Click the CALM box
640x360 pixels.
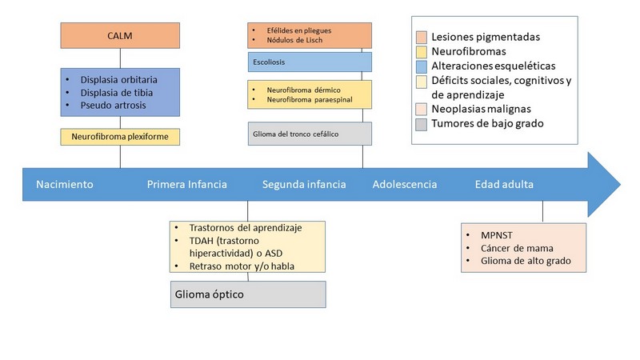point(120,35)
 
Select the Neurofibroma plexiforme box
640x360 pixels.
point(120,137)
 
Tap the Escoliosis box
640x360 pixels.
point(310,62)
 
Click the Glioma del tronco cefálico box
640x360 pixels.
point(310,134)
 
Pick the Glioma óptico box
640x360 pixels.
point(248,294)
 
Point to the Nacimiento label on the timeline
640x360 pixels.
point(65,185)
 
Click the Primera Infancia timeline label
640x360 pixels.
point(187,185)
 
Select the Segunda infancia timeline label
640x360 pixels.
point(304,185)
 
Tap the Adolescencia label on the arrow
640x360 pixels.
point(405,185)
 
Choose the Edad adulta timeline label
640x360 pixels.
point(504,185)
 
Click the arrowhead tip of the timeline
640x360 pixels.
point(621,185)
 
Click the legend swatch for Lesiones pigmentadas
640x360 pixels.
point(422,37)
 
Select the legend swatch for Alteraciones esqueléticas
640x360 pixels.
point(422,66)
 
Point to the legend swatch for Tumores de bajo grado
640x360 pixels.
point(422,124)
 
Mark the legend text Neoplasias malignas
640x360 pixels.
point(482,109)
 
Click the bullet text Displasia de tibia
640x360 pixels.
point(116,93)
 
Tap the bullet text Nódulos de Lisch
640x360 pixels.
point(294,40)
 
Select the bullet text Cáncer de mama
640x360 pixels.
point(517,248)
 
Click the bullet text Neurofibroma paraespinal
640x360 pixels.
point(310,99)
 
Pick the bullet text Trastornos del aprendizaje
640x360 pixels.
point(246,228)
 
